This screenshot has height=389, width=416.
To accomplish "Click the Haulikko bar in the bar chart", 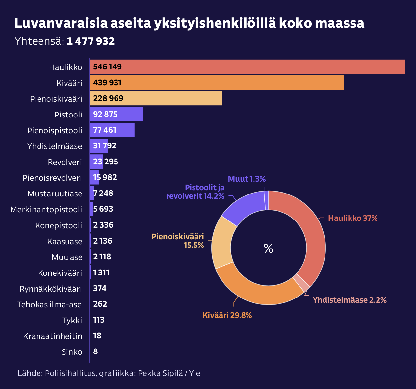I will pos(247,67).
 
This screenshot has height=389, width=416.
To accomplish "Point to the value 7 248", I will pos(103,193).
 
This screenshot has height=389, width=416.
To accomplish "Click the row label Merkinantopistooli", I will pos(46,210).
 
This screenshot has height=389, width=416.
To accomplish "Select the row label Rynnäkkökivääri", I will pos(51,289).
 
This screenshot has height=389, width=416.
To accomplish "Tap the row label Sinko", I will pos(72,352).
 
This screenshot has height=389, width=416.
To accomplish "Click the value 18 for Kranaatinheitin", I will pos(97,336).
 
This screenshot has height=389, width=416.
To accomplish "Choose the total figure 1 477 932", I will pos(91,41).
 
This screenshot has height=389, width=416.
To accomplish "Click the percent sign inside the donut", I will pos(268,249).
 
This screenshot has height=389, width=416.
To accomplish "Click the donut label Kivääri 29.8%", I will pos(227,315).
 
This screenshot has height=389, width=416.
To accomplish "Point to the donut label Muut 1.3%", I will pos(247,179).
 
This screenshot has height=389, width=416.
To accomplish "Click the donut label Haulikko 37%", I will pos(353,218).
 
